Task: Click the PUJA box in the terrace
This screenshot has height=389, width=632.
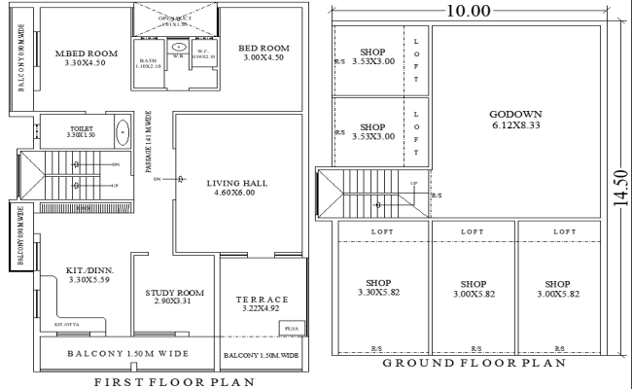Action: click(290, 328)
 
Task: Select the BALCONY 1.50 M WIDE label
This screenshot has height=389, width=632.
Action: click(127, 353)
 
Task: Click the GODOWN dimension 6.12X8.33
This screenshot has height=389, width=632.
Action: click(515, 126)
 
